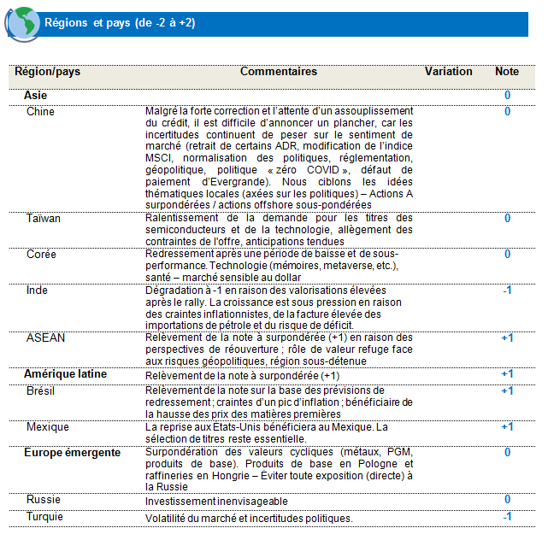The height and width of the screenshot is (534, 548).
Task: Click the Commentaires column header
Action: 279,72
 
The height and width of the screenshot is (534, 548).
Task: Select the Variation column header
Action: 448,72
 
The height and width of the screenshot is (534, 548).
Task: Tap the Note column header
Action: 507,72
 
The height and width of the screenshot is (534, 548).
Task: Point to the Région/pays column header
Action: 48,72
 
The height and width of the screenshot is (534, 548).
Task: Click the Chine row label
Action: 40,112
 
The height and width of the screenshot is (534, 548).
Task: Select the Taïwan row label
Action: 44,219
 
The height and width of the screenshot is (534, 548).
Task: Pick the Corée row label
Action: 41,255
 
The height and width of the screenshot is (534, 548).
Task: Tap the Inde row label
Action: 38,290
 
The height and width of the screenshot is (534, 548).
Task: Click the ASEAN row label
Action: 44,338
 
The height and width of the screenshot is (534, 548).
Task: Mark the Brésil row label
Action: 42,390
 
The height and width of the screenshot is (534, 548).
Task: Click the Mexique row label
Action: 48,426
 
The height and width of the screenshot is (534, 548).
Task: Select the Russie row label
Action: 44,500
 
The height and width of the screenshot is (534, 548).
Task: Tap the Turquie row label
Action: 45,517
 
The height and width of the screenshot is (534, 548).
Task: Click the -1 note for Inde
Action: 507,290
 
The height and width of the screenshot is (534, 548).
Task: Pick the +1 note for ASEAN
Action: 507,338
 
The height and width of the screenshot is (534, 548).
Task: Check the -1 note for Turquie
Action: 507,517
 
